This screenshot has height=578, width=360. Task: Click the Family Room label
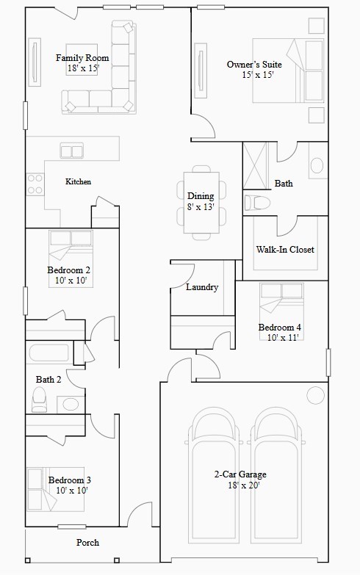(82, 57)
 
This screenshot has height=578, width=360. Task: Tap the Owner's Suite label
(254, 65)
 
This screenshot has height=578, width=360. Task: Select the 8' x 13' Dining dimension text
(201, 207)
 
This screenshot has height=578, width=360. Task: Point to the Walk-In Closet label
(285, 250)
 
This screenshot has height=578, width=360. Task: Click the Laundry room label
(202, 287)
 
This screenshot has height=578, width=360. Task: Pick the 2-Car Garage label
(240, 474)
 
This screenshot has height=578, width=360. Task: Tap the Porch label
(87, 543)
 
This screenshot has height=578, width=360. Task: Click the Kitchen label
(79, 181)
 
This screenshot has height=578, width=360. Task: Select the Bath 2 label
(48, 379)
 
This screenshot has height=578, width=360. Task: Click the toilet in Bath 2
(40, 399)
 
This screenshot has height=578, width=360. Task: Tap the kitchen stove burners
(35, 184)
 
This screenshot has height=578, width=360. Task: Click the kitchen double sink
(72, 152)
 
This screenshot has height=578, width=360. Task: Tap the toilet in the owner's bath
(257, 202)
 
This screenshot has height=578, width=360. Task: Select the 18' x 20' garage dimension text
(240, 485)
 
